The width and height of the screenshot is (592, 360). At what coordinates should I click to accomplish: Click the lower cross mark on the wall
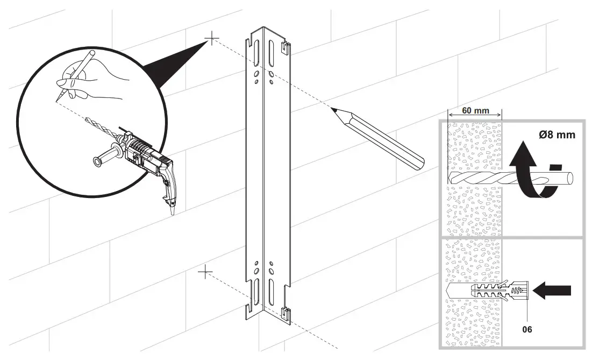click(205, 272)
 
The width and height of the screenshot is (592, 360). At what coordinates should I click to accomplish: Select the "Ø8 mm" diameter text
click(557, 135)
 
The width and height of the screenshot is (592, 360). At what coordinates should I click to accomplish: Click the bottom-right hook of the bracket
click(286, 312)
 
